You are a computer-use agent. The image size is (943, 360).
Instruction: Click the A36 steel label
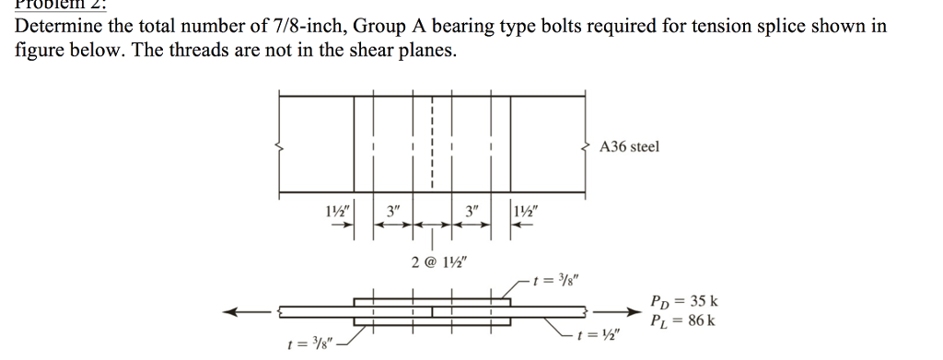(629, 146)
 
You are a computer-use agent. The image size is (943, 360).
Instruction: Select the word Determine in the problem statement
(57, 26)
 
